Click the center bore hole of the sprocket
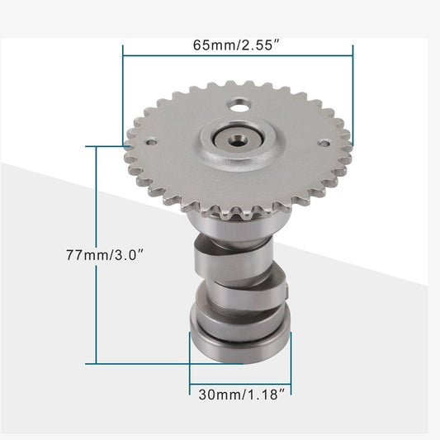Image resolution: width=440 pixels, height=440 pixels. click(238, 137)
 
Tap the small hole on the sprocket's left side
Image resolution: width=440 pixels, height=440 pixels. click(152, 140)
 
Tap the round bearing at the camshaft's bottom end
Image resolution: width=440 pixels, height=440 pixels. click(240, 340)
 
